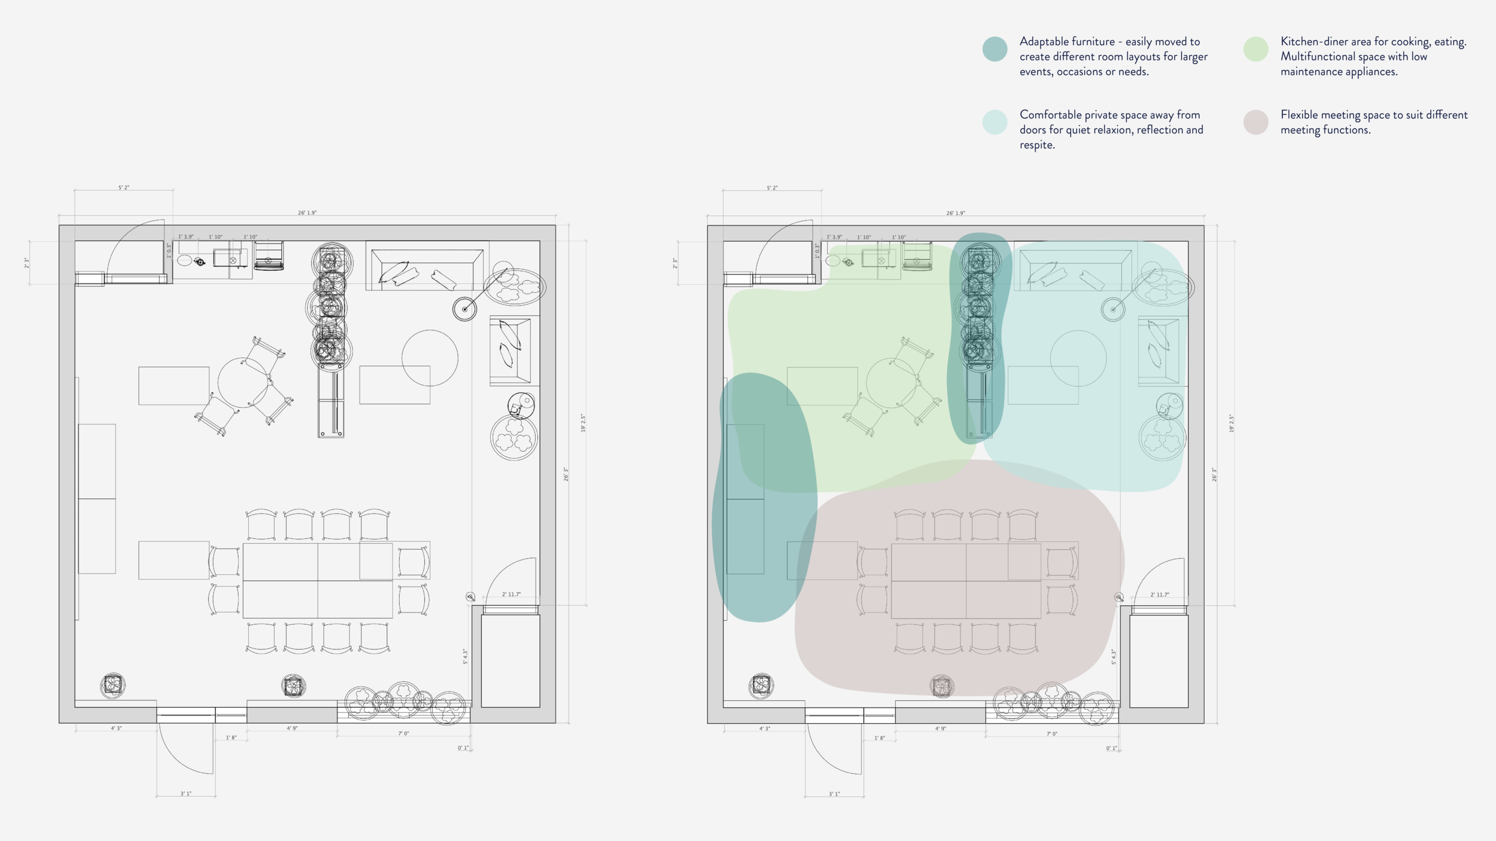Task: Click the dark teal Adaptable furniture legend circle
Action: tap(995, 49)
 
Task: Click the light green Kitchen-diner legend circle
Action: tap(1255, 49)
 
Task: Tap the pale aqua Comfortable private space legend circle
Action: tap(995, 122)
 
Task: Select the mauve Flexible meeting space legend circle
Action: tap(1255, 122)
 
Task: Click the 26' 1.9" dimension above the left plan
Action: tap(307, 213)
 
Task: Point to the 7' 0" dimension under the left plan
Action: tap(403, 733)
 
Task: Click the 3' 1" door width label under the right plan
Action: tap(834, 794)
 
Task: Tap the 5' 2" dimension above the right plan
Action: tap(772, 188)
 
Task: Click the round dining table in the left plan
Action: tap(243, 383)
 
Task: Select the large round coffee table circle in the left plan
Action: tap(430, 358)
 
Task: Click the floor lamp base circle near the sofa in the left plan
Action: tap(464, 309)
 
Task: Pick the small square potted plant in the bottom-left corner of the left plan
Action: tap(112, 684)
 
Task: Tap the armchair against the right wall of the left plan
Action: tap(510, 351)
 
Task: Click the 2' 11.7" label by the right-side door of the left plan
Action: tap(511, 595)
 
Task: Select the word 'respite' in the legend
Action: tap(1036, 145)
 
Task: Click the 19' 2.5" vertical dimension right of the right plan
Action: tap(1232, 423)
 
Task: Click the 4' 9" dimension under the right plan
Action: tap(940, 729)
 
